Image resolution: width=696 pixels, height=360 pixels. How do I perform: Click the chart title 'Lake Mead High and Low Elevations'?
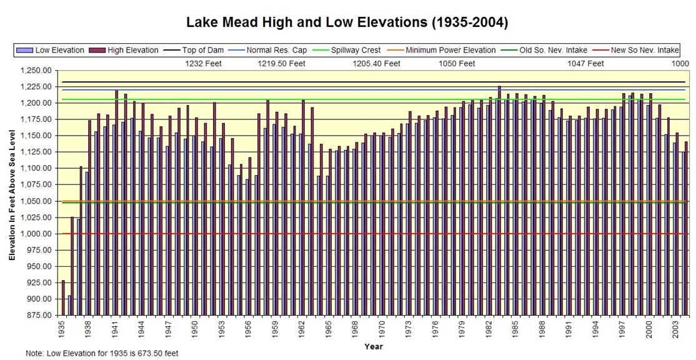[347, 23]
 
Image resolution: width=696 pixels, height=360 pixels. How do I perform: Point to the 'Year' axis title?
[374, 346]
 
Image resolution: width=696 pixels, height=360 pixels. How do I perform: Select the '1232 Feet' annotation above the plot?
[204, 64]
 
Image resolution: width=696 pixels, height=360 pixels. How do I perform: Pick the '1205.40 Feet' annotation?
[376, 64]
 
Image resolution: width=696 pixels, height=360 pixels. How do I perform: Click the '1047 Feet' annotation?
[585, 64]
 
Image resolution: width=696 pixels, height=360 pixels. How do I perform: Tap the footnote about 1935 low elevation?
[102, 354]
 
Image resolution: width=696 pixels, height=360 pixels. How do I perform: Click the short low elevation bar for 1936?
[70, 306]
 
